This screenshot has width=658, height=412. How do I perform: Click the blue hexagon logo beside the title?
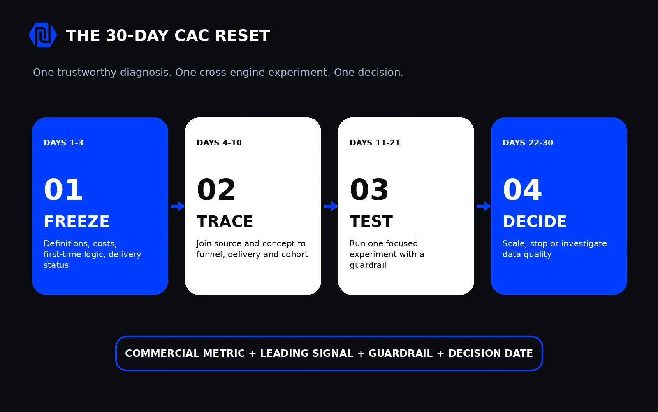click(43, 35)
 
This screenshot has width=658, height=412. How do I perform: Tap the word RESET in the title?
click(242, 35)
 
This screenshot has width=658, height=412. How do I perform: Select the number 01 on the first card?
click(63, 190)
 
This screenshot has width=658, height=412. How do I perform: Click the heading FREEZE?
click(76, 221)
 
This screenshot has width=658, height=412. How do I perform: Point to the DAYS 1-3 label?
click(63, 143)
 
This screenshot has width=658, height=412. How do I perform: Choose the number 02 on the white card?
click(216, 190)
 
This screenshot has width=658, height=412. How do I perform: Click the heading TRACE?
click(225, 221)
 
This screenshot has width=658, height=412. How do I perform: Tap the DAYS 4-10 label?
click(219, 143)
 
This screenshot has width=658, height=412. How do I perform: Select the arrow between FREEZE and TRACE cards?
click(178, 206)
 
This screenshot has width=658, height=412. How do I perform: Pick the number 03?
click(369, 190)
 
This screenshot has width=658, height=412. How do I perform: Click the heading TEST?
click(371, 221)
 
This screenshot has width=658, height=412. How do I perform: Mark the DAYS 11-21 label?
click(375, 143)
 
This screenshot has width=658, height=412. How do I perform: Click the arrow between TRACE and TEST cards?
click(331, 206)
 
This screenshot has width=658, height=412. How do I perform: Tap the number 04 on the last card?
click(522, 190)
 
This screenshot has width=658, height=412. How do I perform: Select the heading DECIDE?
click(535, 221)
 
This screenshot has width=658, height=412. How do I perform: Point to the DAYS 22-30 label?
click(528, 143)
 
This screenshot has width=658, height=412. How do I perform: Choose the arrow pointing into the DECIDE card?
click(484, 206)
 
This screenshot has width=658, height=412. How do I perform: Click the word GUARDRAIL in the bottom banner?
click(401, 353)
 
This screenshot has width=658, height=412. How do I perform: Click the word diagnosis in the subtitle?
click(146, 73)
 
